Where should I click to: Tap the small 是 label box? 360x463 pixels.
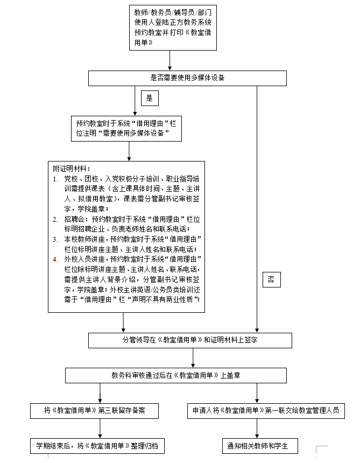pos(150,98)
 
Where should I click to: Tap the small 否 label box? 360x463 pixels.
pos(271,279)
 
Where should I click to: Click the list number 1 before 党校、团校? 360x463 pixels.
pos(55,178)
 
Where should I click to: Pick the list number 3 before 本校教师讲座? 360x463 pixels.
pos(55,239)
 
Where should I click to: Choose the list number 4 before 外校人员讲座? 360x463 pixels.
pos(55,259)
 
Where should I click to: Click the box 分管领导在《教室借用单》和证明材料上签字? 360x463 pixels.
pos(190,340)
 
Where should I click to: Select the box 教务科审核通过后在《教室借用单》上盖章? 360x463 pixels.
pos(175,375)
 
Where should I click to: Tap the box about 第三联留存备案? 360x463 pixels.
pos(95,411)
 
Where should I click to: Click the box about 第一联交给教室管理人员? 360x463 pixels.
pos(266,411)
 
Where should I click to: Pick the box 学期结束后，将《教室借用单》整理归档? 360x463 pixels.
pos(97,446)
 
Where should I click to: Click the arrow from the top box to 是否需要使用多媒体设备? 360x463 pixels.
pos(170,61)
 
